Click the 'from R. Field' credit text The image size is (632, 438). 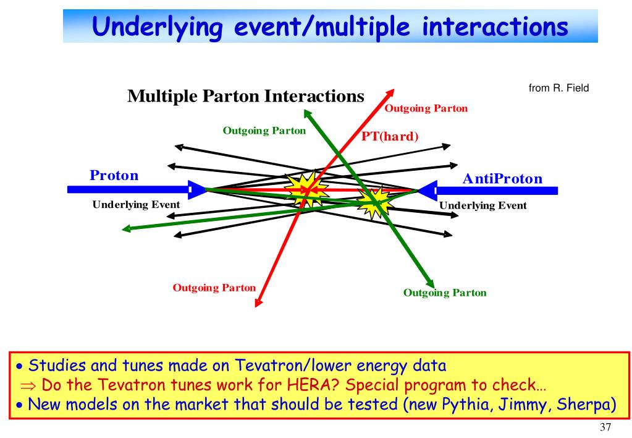559,88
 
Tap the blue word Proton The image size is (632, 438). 114,175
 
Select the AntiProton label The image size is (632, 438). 502,179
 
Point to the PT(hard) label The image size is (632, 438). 390,136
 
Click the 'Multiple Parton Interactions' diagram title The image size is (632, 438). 245,97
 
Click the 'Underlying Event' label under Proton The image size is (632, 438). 136,205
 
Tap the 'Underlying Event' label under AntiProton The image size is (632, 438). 482,205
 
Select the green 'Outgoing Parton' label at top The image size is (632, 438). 264,131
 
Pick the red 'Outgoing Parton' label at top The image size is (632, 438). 426,109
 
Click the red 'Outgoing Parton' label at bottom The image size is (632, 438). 214,288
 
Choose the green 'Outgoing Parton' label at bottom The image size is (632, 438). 444,293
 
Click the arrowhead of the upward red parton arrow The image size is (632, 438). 390,90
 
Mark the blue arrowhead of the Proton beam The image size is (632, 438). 198,190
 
